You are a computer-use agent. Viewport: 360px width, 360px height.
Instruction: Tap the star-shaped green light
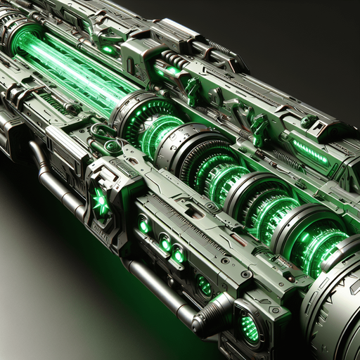pyautogui.click(x=100, y=203)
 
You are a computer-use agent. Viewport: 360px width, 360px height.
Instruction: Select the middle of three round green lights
pyautogui.click(x=164, y=244)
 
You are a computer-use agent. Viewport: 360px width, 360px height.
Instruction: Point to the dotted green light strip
pyautogui.click(x=310, y=152)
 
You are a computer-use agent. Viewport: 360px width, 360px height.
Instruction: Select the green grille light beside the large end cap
pyautogui.click(x=249, y=326)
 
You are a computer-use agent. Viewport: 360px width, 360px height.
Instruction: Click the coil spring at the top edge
pyautogui.click(x=221, y=50)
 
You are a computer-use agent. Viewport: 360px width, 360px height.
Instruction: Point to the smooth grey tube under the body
pyautogui.click(x=155, y=285)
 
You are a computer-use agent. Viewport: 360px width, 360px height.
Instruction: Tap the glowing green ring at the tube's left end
pyautogui.click(x=25, y=39)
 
